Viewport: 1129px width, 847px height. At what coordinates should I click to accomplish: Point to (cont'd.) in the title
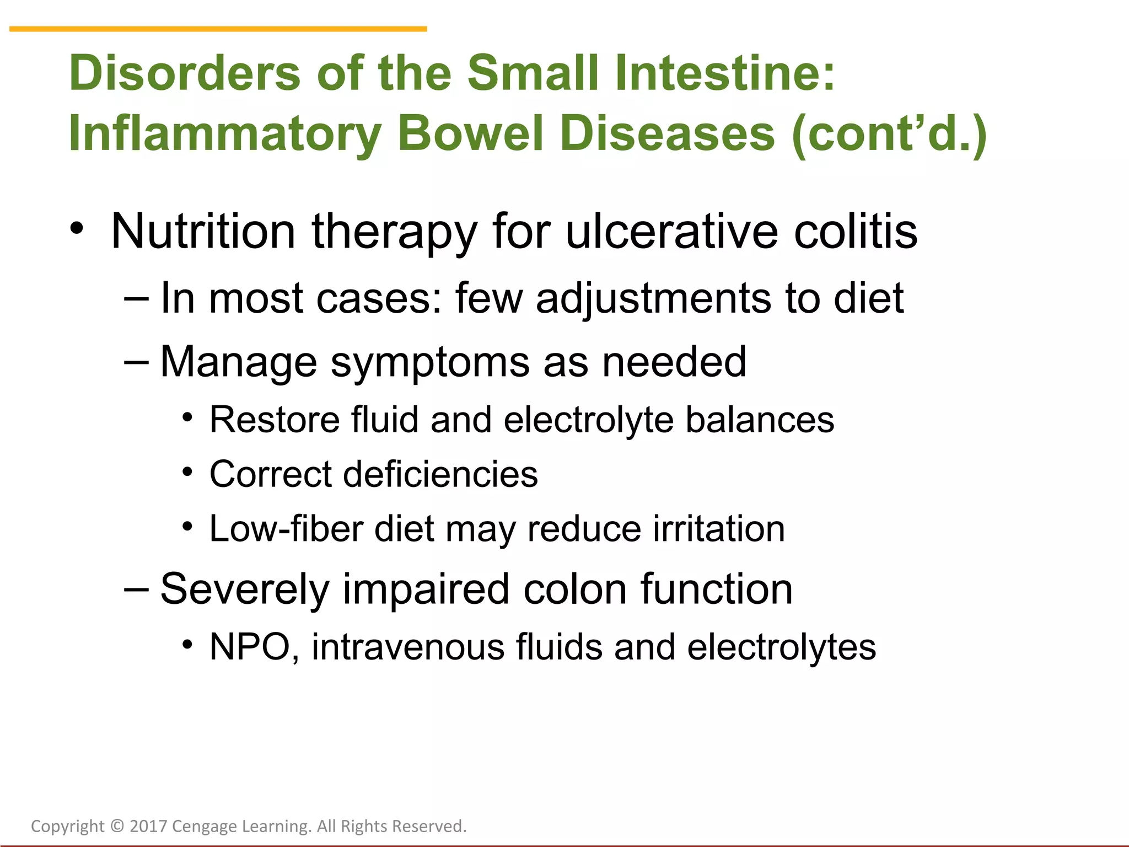pyautogui.click(x=889, y=133)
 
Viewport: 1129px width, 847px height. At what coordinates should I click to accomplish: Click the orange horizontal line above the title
pyautogui.click(x=218, y=29)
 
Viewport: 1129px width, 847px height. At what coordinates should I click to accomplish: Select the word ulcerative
pyautogui.click(x=672, y=231)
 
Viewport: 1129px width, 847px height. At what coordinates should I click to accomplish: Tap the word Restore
pyautogui.click(x=275, y=420)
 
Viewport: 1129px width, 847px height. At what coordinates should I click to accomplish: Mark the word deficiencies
pyautogui.click(x=440, y=474)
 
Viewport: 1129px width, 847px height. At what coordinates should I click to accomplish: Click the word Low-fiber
pyautogui.click(x=286, y=529)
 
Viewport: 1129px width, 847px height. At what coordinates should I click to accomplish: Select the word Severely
pyautogui.click(x=245, y=589)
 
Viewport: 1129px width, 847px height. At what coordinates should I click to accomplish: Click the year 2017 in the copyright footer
pyautogui.click(x=148, y=826)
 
